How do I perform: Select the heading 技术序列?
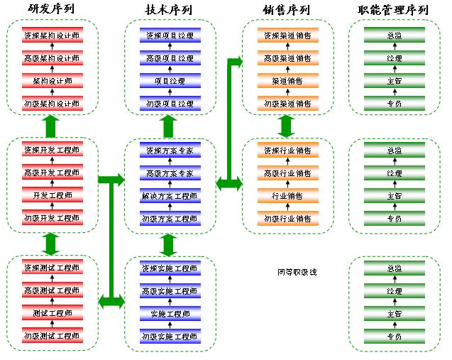[x=169, y=9]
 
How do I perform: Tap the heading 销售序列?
[x=287, y=9]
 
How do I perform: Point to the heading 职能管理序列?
[x=393, y=9]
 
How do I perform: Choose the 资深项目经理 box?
[x=169, y=36]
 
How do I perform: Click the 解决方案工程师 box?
[x=169, y=195]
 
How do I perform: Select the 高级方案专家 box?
[x=169, y=173]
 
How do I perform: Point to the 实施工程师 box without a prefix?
[x=169, y=313]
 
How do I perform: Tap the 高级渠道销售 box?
[x=287, y=58]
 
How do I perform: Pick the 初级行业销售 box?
[x=287, y=218]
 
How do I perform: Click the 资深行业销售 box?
[x=287, y=150]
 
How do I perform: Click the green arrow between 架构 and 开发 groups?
[x=49, y=126]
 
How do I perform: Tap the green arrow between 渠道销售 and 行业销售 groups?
[x=287, y=126]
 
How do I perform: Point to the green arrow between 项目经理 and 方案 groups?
[x=169, y=126]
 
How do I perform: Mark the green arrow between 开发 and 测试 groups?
[x=49, y=244]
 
